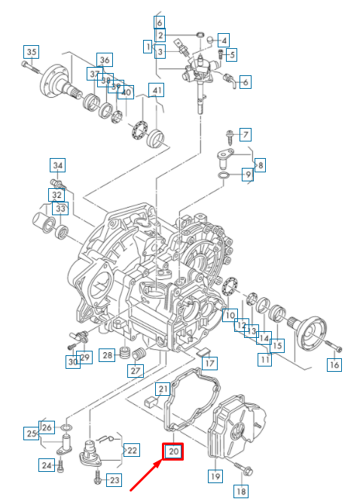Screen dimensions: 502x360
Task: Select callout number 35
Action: pos(31,52)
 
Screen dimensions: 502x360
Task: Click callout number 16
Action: pos(334,365)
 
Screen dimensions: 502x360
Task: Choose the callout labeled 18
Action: pos(241,491)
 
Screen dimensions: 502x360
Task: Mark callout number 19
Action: pos(215,476)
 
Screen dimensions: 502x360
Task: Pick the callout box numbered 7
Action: pos(245,135)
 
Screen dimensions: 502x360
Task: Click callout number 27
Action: pos(135,370)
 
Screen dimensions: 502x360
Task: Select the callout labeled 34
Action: pos(58,165)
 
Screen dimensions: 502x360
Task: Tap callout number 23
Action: pos(114,479)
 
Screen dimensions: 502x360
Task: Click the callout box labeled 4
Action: pos(224,39)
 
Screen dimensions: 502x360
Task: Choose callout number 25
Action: pos(32,434)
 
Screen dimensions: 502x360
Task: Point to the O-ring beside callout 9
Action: pos(224,176)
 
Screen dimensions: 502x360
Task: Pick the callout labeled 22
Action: pos(132,450)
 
